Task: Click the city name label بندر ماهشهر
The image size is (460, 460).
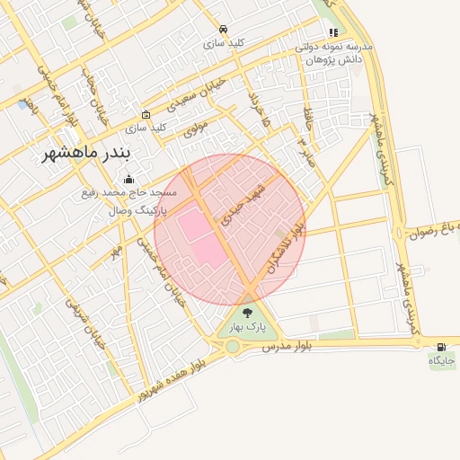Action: [85, 155]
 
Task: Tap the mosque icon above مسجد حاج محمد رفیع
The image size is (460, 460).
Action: [128, 179]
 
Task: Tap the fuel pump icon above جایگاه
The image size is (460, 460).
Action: [441, 347]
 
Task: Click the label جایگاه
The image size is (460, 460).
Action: [442, 361]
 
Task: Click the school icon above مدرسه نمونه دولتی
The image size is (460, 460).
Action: [333, 32]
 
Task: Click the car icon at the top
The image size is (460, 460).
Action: [223, 28]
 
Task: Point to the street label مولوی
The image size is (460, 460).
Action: [196, 128]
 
